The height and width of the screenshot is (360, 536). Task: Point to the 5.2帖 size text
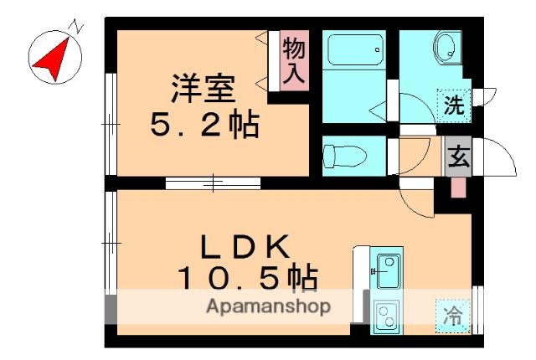(204, 126)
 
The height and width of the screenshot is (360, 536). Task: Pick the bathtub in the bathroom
(352, 51)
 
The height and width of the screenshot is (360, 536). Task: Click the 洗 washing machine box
(453, 105)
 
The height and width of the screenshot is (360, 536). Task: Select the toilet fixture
(343, 155)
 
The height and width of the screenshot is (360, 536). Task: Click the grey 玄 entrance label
(457, 157)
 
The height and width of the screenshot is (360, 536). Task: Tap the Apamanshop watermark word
(268, 306)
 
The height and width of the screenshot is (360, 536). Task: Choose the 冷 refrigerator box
(452, 316)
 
